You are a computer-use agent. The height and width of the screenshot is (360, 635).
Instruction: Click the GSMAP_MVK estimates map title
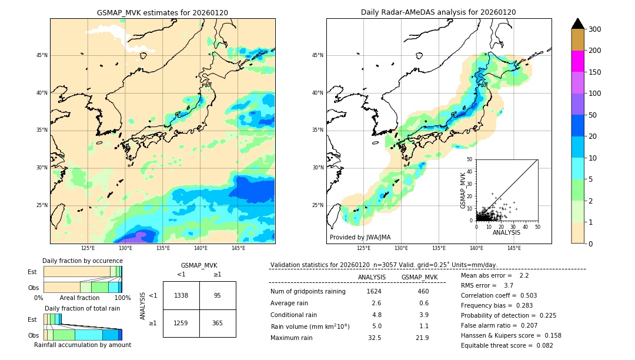pyautogui.click(x=162, y=12)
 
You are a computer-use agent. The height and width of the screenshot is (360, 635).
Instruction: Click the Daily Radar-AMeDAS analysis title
pyautogui.click(x=439, y=12)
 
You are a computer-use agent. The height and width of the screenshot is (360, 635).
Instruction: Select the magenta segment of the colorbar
pyautogui.click(x=577, y=61)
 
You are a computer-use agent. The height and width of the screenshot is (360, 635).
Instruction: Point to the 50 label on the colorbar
pyautogui.click(x=594, y=115)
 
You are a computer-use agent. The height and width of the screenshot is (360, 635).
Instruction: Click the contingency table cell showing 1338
pyautogui.click(x=181, y=295)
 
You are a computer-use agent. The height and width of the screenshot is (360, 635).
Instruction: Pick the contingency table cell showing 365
pyautogui.click(x=218, y=323)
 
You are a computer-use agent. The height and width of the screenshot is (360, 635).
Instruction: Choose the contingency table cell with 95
pyautogui.click(x=218, y=295)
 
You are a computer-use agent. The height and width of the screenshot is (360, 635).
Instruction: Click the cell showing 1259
pyautogui.click(x=181, y=323)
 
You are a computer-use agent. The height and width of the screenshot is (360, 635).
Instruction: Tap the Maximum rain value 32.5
pyautogui.click(x=374, y=338)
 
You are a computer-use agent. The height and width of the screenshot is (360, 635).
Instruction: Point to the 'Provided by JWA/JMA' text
pyautogui.click(x=360, y=238)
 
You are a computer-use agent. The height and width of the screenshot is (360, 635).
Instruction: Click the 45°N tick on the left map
pyautogui.click(x=42, y=55)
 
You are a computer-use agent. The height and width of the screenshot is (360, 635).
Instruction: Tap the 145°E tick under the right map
pyautogui.click(x=514, y=248)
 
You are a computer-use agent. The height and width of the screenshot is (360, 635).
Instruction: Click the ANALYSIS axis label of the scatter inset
pyautogui.click(x=506, y=233)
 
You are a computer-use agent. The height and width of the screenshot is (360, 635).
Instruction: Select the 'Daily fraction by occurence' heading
pyautogui.click(x=82, y=261)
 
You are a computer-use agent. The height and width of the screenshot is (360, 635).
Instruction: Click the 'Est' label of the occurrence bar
pyautogui.click(x=32, y=272)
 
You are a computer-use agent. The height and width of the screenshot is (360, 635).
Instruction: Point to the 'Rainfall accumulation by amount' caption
pyautogui.click(x=82, y=345)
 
